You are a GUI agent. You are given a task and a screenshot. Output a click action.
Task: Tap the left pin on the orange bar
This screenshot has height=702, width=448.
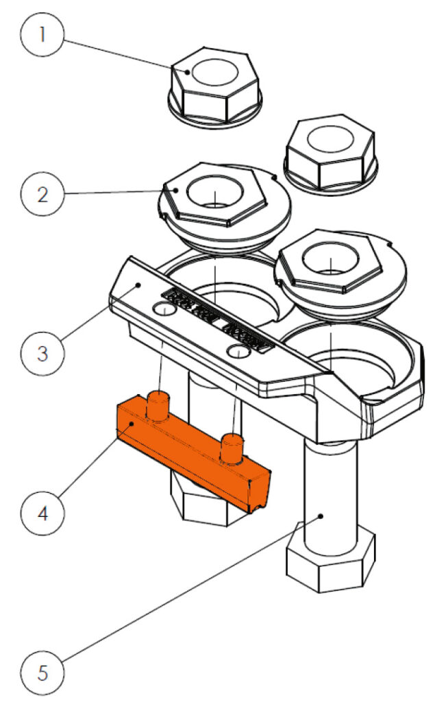pos(158,405)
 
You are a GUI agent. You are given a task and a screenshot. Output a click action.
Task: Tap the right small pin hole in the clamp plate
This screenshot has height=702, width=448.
pos(238,352)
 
